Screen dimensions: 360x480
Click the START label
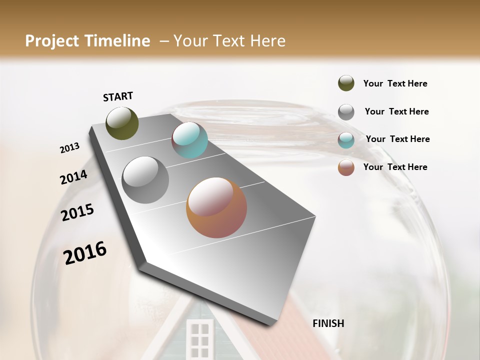click(118, 96)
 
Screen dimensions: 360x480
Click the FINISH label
click(328, 323)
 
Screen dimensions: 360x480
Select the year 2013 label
click(69, 148)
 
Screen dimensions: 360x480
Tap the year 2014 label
click(73, 177)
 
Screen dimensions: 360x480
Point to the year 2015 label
click(77, 212)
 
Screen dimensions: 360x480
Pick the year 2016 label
click(85, 253)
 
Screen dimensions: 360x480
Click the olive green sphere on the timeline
click(122, 123)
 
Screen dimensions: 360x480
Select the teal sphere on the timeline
click(189, 140)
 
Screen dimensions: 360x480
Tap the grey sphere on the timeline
click(145, 180)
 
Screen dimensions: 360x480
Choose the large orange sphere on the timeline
click(216, 207)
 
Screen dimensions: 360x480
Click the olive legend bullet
click(346, 83)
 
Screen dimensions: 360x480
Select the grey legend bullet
click(346, 112)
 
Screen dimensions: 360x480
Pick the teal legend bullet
click(346, 140)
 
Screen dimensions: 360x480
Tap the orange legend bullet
click(346, 167)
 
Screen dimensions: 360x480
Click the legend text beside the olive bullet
click(395, 83)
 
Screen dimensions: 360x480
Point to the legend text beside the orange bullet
click(395, 167)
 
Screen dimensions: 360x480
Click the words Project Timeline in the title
click(87, 41)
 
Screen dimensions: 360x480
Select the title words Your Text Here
click(229, 41)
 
